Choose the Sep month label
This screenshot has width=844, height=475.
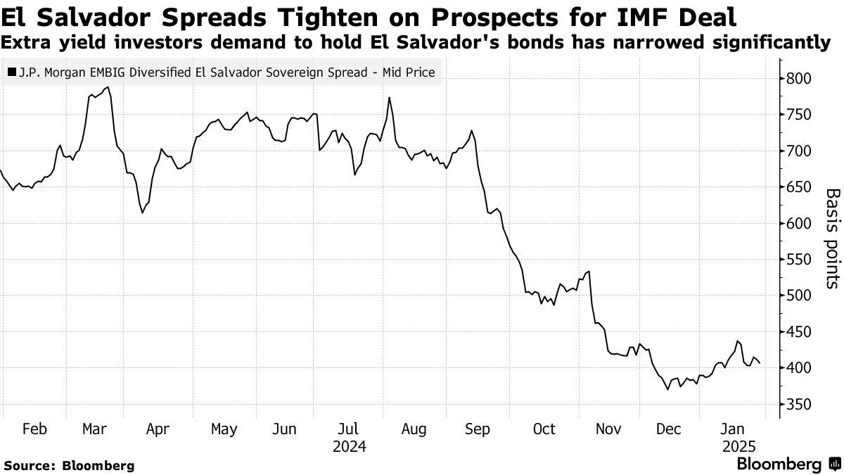tap(478, 429)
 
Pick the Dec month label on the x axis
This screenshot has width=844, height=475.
tap(670, 429)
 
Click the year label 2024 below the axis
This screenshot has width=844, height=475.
tap(350, 446)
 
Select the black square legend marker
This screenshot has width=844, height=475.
tap(11, 72)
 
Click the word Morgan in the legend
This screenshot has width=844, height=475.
tap(61, 72)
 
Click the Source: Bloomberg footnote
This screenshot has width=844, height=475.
tap(68, 465)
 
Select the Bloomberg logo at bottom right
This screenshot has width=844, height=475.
tap(788, 464)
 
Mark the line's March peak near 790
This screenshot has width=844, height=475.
tap(108, 87)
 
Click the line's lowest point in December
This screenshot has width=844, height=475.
tap(667, 388)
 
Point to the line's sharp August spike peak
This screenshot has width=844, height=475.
tap(389, 98)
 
